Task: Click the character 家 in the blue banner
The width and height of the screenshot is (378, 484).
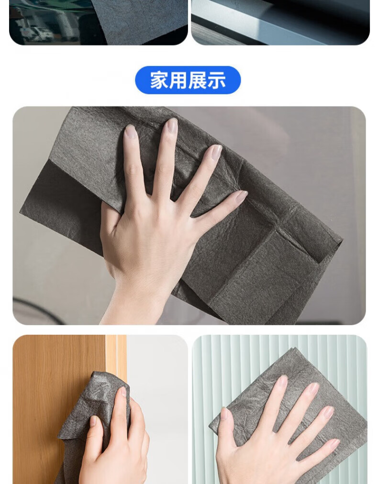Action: tap(159, 80)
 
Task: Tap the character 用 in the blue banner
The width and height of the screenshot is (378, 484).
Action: tap(178, 80)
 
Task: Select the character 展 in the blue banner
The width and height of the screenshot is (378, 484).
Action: tap(197, 80)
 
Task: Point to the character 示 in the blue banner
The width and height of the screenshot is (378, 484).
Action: tap(216, 80)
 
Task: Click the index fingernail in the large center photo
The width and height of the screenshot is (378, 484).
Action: tap(131, 132)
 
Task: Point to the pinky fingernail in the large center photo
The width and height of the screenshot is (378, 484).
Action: tap(241, 197)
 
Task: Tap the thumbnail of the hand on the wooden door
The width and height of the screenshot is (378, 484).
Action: tap(93, 421)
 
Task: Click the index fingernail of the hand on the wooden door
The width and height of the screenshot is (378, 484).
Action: tap(123, 392)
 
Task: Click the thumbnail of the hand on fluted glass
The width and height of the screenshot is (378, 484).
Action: tap(225, 414)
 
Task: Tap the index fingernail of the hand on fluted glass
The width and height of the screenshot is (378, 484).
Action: tap(282, 382)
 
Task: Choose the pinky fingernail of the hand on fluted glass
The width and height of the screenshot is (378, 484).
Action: tap(335, 444)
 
